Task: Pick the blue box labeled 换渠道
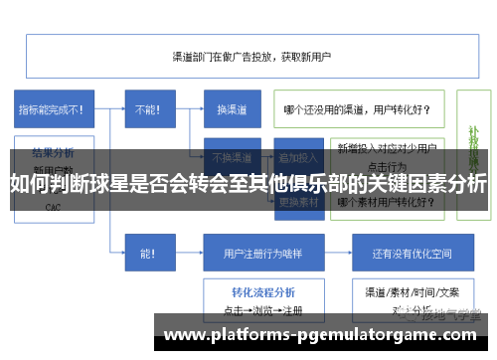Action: pos(232,109)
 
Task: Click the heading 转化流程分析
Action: pos(262,292)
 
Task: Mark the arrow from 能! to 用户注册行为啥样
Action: pos(189,253)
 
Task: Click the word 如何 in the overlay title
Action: pos(28,184)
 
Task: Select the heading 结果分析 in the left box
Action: pos(53,153)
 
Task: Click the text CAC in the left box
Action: pos(53,208)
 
